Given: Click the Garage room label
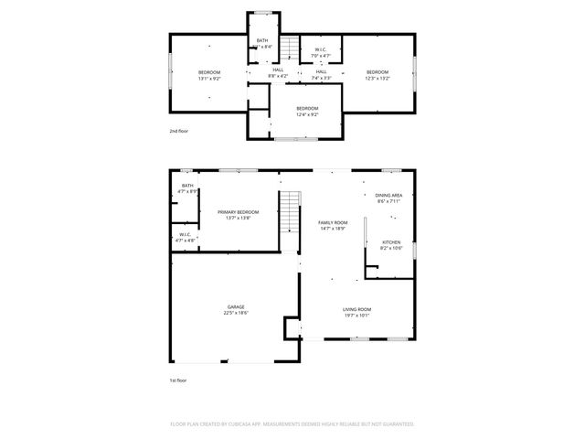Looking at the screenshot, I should point(236,306).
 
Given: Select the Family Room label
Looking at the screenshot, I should point(333,222).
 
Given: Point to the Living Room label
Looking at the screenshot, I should point(356,309).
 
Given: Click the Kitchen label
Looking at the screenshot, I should point(391,241).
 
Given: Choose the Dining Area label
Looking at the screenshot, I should point(388,195).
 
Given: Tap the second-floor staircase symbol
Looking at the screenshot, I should point(290,48).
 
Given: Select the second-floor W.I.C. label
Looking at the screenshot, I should point(321,49).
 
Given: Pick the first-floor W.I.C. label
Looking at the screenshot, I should point(185,234).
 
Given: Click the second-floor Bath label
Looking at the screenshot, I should point(262,40).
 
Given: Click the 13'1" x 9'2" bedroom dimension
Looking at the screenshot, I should point(209,79).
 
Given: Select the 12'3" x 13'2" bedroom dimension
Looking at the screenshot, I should point(378,79).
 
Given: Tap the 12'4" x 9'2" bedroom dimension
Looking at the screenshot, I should point(307,114).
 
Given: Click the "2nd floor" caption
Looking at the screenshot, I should point(179,131).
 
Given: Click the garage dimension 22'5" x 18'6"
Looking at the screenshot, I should point(236,313).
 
